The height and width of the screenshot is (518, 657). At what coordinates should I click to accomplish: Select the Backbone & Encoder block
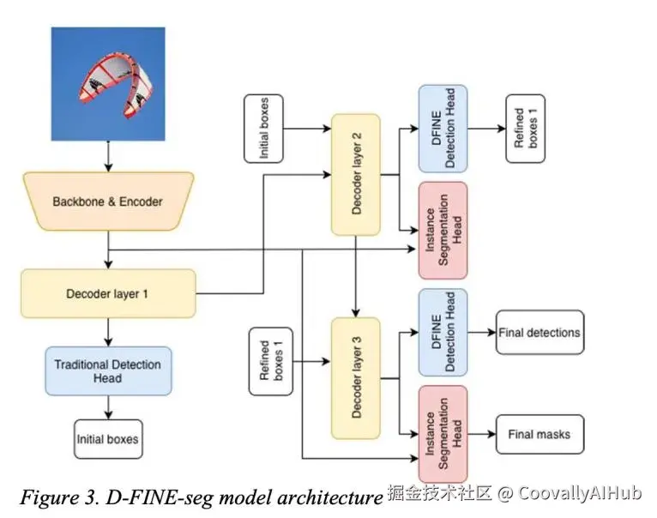(x=108, y=202)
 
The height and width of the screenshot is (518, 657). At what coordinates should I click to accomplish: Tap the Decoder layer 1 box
(x=108, y=294)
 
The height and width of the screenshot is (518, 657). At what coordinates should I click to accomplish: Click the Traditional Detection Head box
(x=108, y=371)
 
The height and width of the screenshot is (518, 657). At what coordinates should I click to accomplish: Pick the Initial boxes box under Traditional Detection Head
(x=108, y=439)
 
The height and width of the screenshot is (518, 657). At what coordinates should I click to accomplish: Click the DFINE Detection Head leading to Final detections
(x=443, y=332)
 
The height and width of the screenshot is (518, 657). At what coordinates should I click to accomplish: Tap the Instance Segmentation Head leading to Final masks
(x=443, y=433)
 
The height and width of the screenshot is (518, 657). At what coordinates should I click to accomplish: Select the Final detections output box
(x=539, y=333)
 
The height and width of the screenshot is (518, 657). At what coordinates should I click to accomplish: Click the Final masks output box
(x=539, y=434)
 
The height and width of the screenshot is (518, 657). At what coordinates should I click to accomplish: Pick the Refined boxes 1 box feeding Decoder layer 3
(x=271, y=361)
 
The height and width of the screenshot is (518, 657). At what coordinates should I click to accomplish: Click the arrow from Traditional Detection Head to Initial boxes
(x=108, y=407)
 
